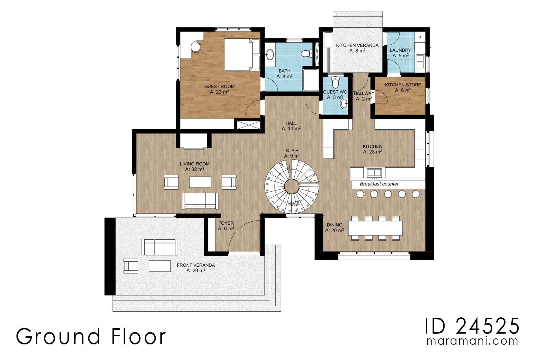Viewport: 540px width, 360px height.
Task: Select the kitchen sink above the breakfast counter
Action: pos(374,172)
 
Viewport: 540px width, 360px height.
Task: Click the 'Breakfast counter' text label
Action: pos(379,184)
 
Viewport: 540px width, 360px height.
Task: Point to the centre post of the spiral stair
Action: pos(291,187)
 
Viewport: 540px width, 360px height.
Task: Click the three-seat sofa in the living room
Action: pos(200,201)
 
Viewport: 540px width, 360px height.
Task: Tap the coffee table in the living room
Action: pos(200,182)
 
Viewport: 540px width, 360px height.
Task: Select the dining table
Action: pos(375,228)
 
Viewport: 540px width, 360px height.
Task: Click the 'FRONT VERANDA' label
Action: pos(196,265)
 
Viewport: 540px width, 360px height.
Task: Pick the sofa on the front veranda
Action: pos(160,247)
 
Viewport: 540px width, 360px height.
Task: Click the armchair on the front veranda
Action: pos(131,266)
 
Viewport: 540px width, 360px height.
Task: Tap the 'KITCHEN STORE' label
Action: pos(403,85)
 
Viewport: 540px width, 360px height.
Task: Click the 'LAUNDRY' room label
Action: pos(400,50)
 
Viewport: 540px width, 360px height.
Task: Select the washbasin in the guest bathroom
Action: pos(270,55)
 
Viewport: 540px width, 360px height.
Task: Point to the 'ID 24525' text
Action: pos(472,326)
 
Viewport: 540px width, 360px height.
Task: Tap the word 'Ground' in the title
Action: pos(58,337)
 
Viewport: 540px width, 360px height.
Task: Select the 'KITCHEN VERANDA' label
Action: pos(357,45)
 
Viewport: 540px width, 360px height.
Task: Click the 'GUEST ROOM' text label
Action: pos(219,86)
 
